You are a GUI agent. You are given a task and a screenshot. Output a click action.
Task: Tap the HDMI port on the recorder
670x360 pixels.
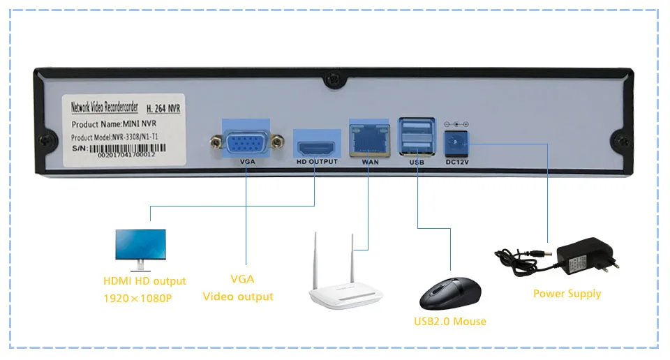[x=316, y=148]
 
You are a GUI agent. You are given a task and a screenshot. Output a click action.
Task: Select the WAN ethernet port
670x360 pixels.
[x=369, y=140]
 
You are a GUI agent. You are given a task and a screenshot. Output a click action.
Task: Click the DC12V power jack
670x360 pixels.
[x=456, y=143]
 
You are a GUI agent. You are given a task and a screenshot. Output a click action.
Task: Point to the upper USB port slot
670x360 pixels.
[x=417, y=127]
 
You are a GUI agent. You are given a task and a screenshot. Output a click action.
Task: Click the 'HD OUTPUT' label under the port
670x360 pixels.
[x=317, y=161]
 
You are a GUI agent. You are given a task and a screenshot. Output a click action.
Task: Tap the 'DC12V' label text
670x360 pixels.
[x=456, y=163]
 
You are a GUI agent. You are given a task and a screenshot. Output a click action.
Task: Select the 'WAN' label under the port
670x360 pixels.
[x=370, y=162]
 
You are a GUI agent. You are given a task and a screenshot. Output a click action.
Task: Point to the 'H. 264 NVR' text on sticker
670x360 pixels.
[x=163, y=108]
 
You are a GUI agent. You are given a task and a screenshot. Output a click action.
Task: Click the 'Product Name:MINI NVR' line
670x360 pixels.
[x=114, y=124]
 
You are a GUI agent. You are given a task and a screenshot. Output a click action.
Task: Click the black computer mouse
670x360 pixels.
[x=450, y=294]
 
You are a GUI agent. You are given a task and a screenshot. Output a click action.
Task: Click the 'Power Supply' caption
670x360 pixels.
[x=567, y=294]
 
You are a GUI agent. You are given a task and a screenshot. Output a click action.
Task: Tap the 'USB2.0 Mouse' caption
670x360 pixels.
[x=450, y=321]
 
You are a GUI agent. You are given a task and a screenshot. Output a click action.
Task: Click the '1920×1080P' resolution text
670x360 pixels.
[x=137, y=298]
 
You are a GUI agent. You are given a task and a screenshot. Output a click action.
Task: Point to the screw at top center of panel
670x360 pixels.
[x=334, y=80]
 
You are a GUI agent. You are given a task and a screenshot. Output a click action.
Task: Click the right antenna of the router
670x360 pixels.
[x=352, y=257]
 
